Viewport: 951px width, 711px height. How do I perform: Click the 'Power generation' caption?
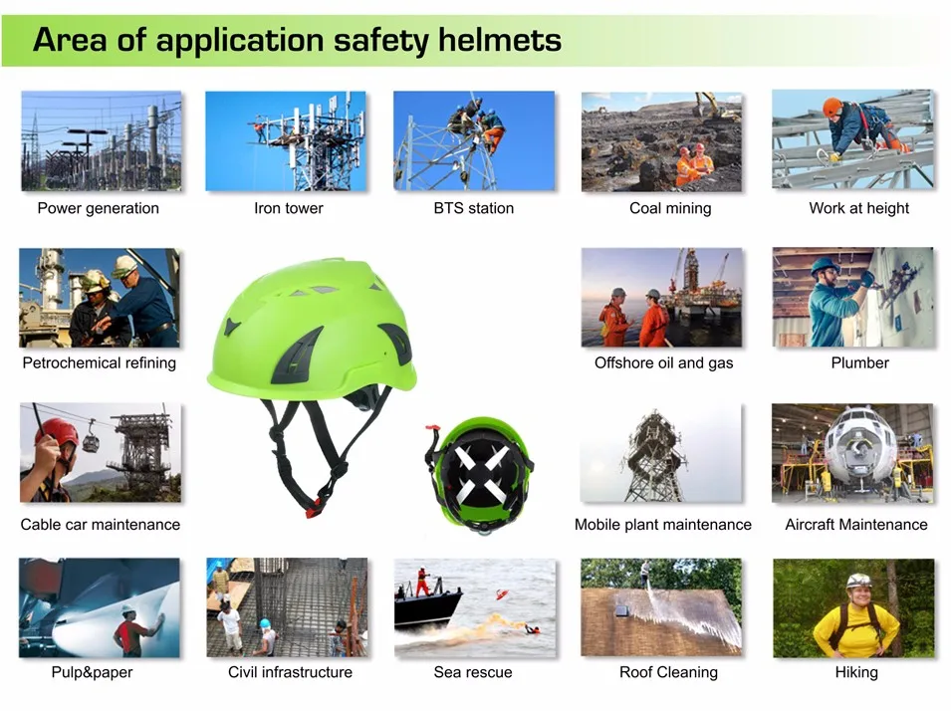coord(98,208)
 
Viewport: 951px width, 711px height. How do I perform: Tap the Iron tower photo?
coord(286,140)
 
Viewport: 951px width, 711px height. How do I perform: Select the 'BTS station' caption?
coord(474,208)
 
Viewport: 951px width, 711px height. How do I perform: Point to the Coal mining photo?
coord(662,141)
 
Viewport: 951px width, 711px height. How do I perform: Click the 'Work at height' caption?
coord(859,208)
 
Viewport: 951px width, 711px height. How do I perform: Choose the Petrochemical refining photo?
coord(100,298)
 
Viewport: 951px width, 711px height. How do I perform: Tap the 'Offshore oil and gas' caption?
coord(663,362)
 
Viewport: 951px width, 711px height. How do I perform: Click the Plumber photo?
coord(853,297)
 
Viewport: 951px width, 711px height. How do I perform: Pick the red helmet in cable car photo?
coord(58,432)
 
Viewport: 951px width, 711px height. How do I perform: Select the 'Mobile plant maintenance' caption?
coord(663,524)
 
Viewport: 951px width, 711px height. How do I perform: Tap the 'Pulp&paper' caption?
coord(92,672)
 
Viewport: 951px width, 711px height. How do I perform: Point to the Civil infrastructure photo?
coord(287,607)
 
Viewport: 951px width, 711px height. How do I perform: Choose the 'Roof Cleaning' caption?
coord(668,672)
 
